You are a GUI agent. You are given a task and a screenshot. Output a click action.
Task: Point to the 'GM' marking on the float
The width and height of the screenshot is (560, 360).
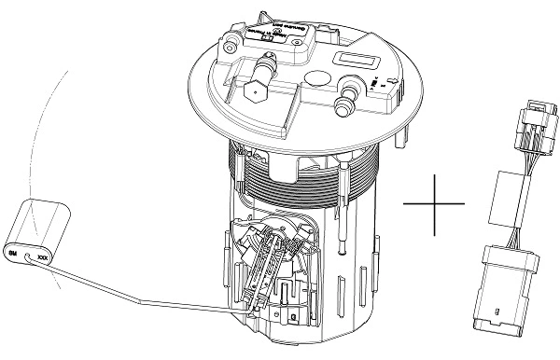[x=13, y=252]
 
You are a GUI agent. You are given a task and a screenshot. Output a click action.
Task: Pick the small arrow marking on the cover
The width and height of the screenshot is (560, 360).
[x=373, y=89]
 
